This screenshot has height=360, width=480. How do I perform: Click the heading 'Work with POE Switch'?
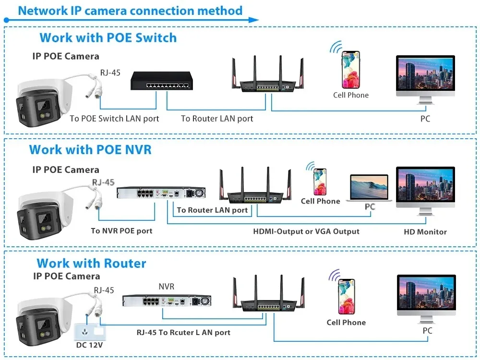pyautogui.click(x=108, y=37)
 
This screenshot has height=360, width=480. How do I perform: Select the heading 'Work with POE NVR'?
pyautogui.click(x=90, y=149)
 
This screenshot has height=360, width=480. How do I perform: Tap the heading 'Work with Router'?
pyautogui.click(x=91, y=263)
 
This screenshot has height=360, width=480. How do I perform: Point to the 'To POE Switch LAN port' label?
pyautogui.click(x=114, y=118)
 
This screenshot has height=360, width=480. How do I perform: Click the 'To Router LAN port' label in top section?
pyautogui.click(x=217, y=118)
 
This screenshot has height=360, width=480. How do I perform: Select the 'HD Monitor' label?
pyautogui.click(x=425, y=232)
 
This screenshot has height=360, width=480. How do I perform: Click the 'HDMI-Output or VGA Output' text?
pyautogui.click(x=306, y=231)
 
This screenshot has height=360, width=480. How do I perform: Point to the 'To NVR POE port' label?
pyautogui.click(x=121, y=231)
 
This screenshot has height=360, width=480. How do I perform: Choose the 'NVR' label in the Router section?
pyautogui.click(x=167, y=287)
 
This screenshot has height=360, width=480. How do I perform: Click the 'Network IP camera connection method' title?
pyautogui.click(x=130, y=10)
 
